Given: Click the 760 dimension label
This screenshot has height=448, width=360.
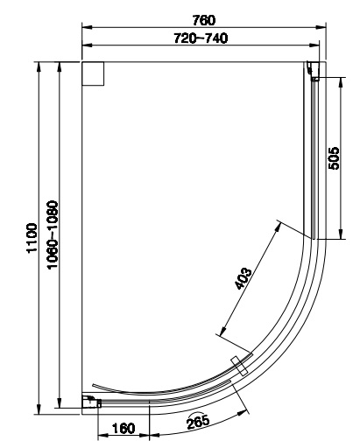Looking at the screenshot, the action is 204,20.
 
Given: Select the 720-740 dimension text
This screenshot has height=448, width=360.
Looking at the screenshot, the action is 201,38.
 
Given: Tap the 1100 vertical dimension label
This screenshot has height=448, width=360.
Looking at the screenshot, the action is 32,238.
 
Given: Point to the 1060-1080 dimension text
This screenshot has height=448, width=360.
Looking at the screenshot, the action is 53,234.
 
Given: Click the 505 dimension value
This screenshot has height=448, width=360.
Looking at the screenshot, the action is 334,158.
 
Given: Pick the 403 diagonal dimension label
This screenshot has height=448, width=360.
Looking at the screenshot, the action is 243,278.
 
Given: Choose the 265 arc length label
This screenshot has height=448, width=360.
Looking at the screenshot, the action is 198,422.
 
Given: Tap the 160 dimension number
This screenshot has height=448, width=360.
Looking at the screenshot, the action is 124,428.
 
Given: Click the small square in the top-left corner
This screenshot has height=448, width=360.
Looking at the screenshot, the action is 93,73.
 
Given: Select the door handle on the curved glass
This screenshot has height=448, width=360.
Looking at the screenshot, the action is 239,366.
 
